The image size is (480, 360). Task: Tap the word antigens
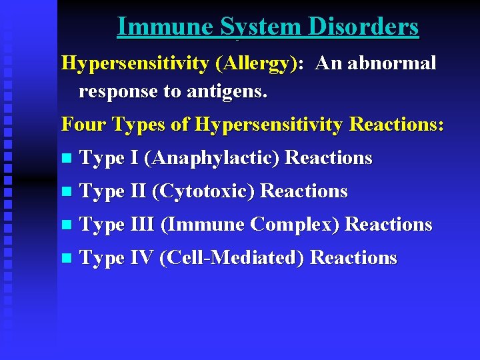231,92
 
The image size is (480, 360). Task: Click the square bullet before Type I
65,159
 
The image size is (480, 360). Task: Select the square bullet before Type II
65,193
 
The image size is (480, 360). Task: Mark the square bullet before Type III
65,225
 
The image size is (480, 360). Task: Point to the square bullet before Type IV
65,259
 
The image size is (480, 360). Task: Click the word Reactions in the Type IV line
353,257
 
